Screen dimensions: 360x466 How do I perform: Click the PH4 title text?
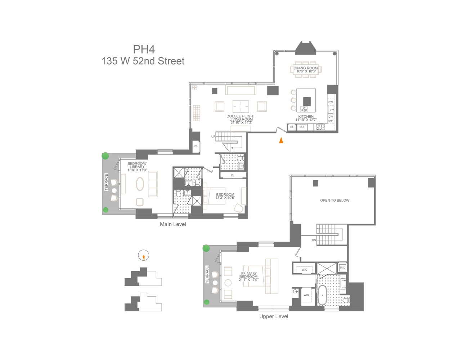144,49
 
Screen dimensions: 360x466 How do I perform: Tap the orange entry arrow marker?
281,140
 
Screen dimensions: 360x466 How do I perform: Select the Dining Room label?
306,69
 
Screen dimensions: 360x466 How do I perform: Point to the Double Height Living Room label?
241,119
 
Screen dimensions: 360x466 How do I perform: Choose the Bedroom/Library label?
137,167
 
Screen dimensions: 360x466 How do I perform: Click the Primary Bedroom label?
249,276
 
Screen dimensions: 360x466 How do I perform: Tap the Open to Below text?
335,201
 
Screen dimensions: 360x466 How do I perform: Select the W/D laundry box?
342,267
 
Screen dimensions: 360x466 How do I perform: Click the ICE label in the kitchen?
331,121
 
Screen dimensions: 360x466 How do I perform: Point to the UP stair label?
213,137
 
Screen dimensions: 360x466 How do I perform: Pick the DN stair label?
314,240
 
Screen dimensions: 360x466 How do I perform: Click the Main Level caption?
173,224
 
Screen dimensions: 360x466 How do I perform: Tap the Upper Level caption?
274,316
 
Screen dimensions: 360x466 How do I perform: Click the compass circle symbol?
143,255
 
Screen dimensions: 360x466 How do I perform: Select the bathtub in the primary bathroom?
321,296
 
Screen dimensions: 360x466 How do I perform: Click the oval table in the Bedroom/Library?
140,184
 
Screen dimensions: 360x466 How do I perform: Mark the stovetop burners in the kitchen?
320,127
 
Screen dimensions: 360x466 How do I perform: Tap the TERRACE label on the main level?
106,182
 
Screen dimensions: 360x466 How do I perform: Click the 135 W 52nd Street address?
143,61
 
